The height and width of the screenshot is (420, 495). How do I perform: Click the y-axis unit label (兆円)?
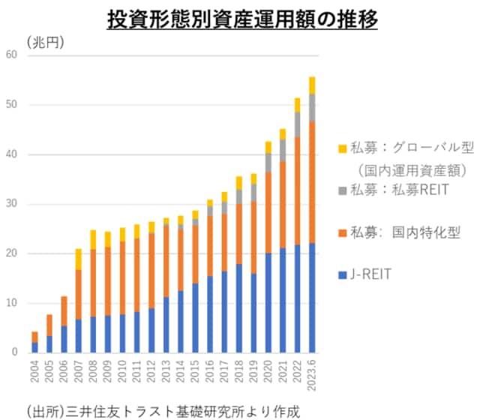tap(46, 43)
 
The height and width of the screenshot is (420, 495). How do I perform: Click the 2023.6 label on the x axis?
tap(311, 375)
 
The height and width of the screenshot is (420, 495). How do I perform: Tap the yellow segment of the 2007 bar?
tap(78, 259)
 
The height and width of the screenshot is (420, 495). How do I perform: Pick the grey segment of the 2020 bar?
tap(268, 163)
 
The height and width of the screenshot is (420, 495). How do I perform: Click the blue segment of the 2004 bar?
tap(34, 347)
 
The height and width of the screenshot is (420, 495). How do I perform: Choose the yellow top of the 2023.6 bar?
tap(311, 85)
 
